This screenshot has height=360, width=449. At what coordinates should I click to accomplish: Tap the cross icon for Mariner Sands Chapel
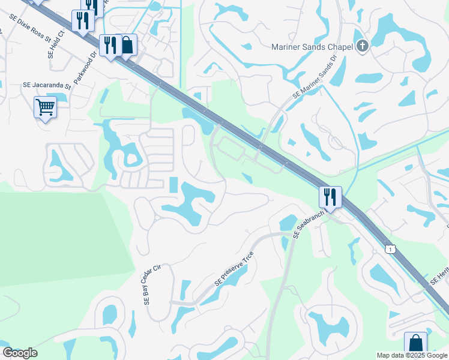click(x=362, y=46)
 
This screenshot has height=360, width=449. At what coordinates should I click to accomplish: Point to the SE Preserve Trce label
click(x=234, y=268)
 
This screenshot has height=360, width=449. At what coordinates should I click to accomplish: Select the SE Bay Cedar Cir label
click(x=153, y=286)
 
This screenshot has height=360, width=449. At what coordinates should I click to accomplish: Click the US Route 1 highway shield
click(x=391, y=249)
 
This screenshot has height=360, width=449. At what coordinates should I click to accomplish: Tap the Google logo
click(x=20, y=353)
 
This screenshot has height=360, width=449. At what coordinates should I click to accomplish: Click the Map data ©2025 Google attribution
click(x=412, y=355)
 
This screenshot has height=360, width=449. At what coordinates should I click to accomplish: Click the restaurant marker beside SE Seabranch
click(x=330, y=196)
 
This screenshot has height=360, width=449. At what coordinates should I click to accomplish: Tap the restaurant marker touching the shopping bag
click(x=110, y=45)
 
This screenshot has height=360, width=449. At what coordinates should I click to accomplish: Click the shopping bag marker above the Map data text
click(x=415, y=343)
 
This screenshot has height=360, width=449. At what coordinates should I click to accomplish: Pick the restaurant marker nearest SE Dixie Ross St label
click(x=82, y=20)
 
